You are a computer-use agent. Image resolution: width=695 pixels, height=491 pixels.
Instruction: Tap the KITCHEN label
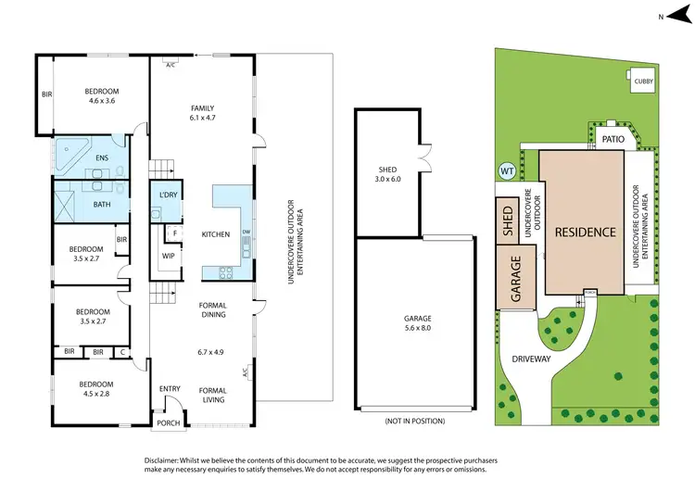[x=215, y=235]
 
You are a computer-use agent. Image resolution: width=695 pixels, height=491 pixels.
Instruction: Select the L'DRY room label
[x=169, y=195]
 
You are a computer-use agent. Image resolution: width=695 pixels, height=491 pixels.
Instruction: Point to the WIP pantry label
[x=168, y=256]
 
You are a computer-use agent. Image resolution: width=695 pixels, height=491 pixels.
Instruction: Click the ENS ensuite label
[x=102, y=157]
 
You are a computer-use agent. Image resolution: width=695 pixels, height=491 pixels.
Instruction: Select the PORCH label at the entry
[x=168, y=424]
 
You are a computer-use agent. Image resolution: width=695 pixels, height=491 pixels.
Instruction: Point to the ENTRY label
[x=170, y=389]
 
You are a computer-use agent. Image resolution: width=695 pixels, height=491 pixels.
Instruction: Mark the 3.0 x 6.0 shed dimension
[x=387, y=180]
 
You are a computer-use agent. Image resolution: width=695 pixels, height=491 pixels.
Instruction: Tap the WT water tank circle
[x=507, y=170]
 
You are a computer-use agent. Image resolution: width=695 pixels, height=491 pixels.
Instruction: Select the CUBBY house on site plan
[x=643, y=82]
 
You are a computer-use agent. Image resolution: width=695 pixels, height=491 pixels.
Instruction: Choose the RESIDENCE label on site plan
[x=585, y=232]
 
